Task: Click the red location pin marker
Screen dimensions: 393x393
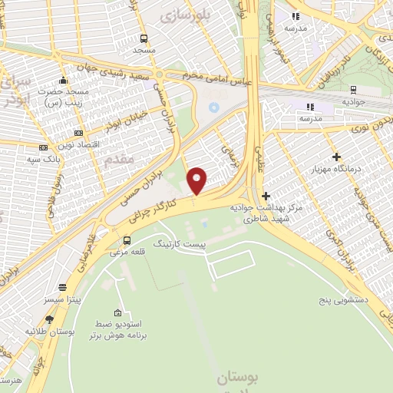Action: [197, 180]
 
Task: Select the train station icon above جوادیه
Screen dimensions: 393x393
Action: [352, 89]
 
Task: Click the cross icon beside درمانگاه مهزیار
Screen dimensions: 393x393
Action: [336, 157]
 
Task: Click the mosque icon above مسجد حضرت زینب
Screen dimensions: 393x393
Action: [62, 80]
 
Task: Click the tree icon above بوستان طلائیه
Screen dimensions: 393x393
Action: [50, 319]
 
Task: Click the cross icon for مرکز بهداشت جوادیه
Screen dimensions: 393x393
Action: [266, 196]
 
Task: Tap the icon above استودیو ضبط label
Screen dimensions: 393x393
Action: [117, 312]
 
